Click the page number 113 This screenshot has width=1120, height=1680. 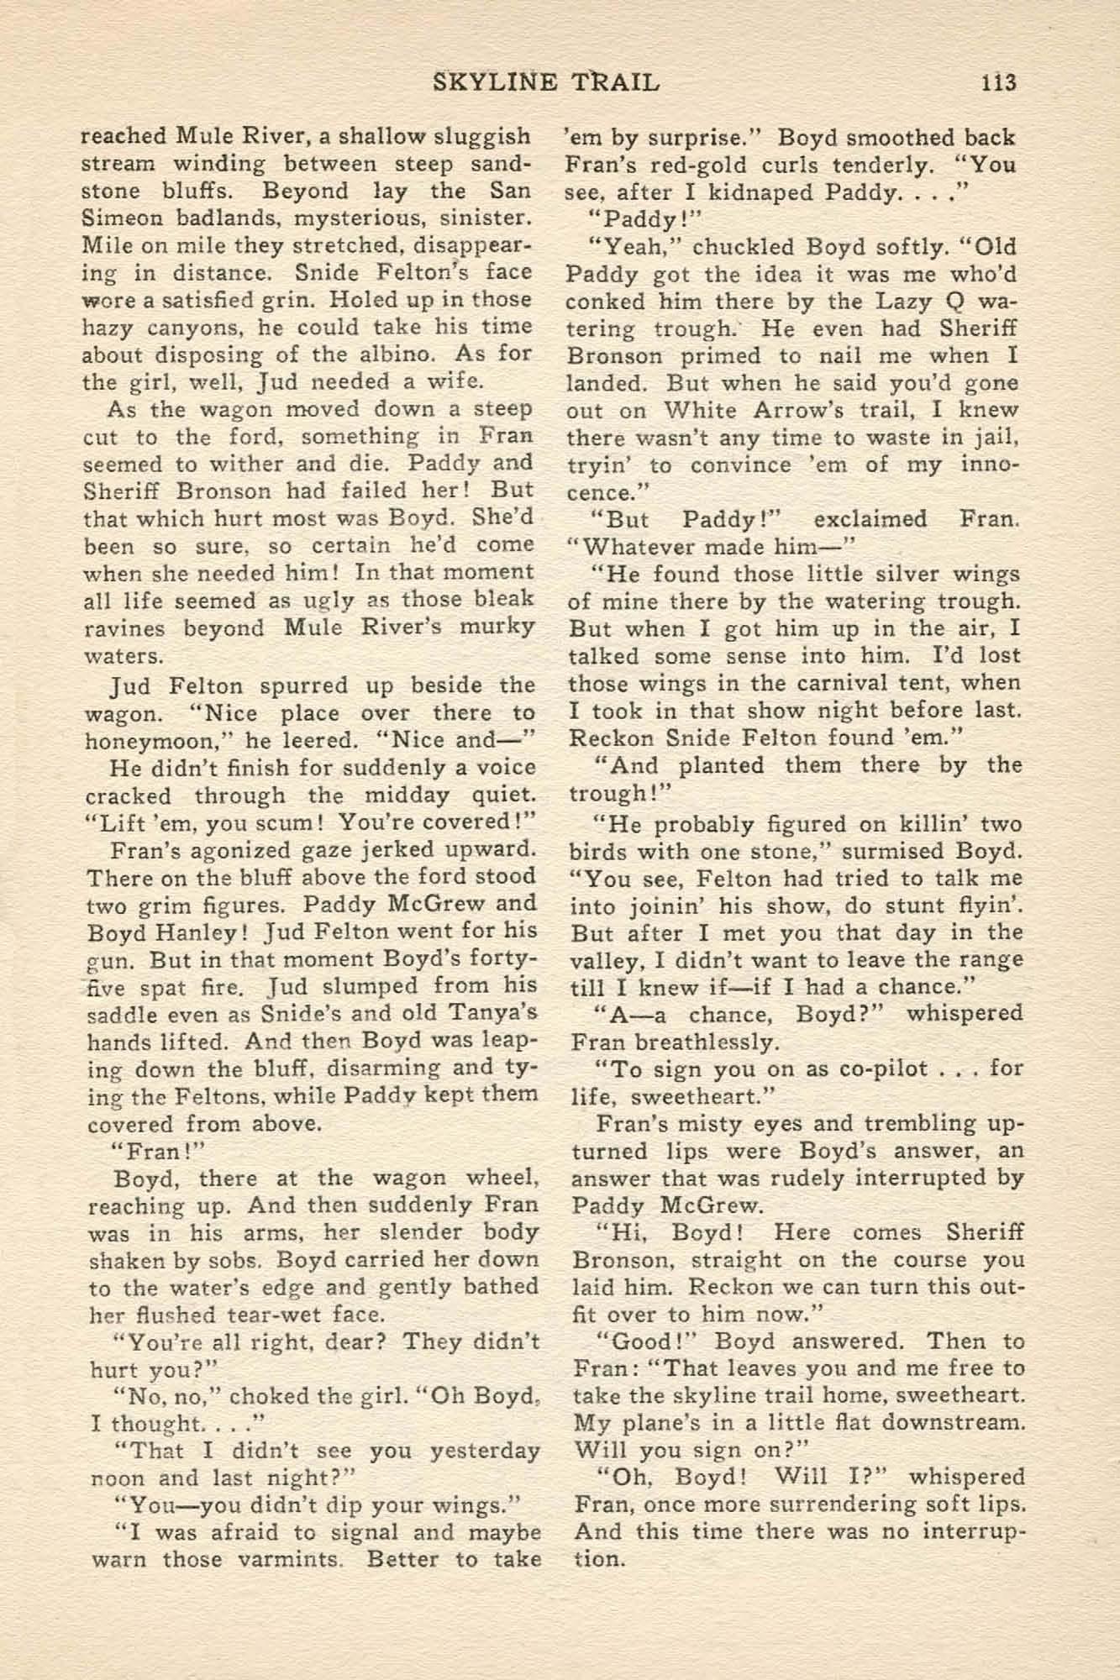(996, 82)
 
